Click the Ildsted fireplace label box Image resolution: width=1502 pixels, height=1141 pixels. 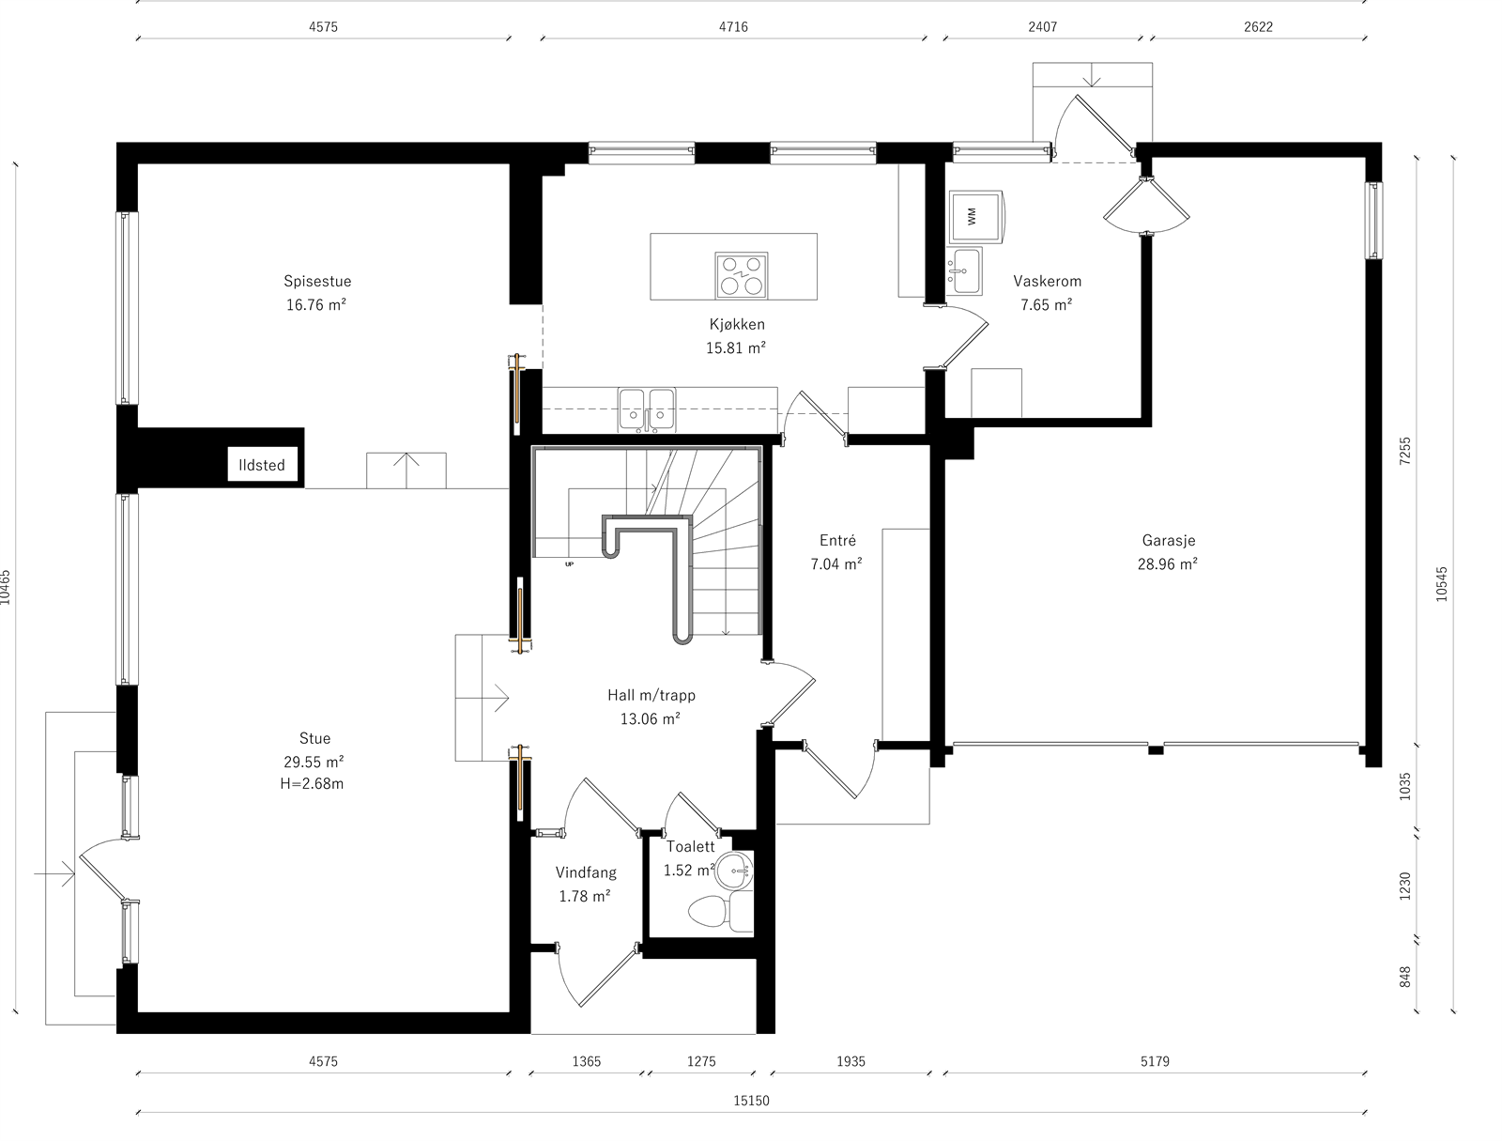tap(262, 464)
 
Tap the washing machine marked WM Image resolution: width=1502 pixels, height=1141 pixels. tap(976, 217)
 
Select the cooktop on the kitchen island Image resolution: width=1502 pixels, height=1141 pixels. tap(741, 275)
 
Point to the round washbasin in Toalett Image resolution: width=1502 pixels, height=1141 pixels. tap(734, 871)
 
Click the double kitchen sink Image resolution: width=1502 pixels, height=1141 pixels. tap(647, 409)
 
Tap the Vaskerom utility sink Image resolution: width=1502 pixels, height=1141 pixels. tap(965, 271)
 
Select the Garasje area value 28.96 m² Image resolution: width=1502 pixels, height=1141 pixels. tap(1168, 564)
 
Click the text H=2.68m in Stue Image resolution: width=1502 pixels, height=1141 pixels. tap(312, 784)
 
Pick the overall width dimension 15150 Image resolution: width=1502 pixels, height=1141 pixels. tap(751, 1101)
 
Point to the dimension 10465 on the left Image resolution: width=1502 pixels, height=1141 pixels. tap(7, 587)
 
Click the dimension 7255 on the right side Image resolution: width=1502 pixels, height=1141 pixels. tap(1404, 451)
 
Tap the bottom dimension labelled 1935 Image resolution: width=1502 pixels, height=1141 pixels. tap(851, 1061)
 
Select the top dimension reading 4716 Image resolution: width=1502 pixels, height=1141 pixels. tap(733, 26)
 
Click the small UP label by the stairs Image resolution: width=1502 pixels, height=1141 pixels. tap(569, 564)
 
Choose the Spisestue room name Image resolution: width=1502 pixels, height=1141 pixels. tap(317, 281)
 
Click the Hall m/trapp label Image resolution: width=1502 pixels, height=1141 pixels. tap(651, 695)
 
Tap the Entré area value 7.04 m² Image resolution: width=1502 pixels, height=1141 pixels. tap(836, 564)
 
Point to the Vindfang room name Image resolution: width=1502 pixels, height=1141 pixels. tap(586, 872)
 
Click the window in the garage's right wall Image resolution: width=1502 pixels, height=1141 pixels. tap(1373, 221)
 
